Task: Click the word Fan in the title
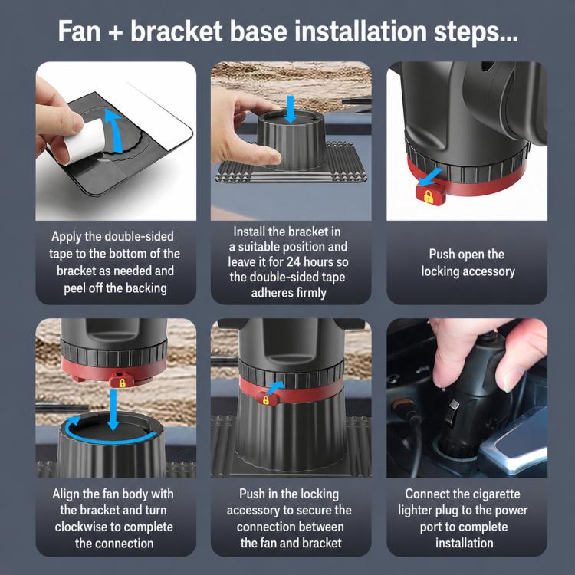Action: (x=79, y=31)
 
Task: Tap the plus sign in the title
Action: (x=116, y=32)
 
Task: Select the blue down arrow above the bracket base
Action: (x=291, y=109)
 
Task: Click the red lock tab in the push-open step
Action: (x=431, y=195)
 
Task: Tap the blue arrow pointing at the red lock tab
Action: (x=430, y=177)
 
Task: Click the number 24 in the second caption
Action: (x=294, y=262)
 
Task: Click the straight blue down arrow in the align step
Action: (x=113, y=409)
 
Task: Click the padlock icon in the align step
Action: (x=122, y=383)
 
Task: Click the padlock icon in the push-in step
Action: (x=266, y=400)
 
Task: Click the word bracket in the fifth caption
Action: (x=323, y=543)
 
